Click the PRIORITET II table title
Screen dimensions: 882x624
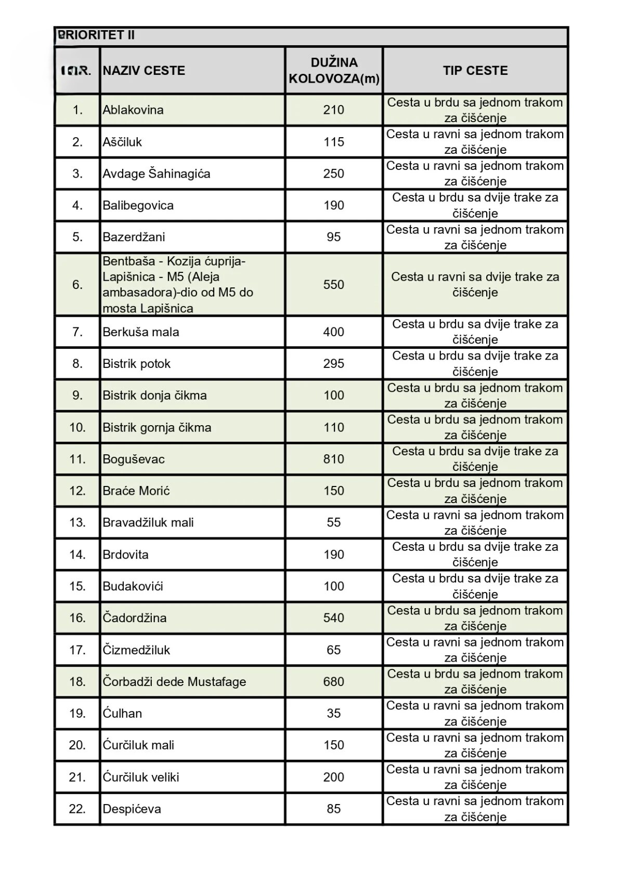pyautogui.click(x=96, y=35)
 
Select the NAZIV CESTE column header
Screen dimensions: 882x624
pyautogui.click(x=144, y=71)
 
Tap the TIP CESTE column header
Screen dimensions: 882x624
pyautogui.click(x=475, y=71)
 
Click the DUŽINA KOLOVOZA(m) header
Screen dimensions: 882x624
pyautogui.click(x=334, y=71)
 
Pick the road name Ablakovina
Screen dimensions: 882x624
pyautogui.click(x=133, y=110)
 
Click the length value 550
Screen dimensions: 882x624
pyautogui.click(x=334, y=285)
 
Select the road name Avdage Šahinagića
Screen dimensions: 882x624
pyautogui.click(x=157, y=174)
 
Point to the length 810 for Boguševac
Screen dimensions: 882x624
pyautogui.click(x=334, y=459)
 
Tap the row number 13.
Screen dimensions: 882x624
pyautogui.click(x=77, y=523)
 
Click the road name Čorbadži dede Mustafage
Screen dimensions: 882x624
pyautogui.click(x=174, y=682)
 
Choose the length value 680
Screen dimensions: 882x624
pyautogui.click(x=334, y=682)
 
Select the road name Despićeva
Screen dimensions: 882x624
pyautogui.click(x=132, y=809)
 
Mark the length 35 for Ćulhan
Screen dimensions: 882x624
pyautogui.click(x=334, y=714)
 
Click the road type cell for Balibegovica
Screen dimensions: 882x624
pyautogui.click(x=475, y=206)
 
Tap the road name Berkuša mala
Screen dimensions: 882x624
pyautogui.click(x=141, y=332)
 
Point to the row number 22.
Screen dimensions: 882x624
pyautogui.click(x=77, y=809)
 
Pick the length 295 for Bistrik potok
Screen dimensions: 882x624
pyautogui.click(x=334, y=364)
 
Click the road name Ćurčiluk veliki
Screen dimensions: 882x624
pyautogui.click(x=141, y=778)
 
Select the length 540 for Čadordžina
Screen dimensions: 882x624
pyautogui.click(x=334, y=618)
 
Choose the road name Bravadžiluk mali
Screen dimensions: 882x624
pyautogui.click(x=148, y=523)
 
